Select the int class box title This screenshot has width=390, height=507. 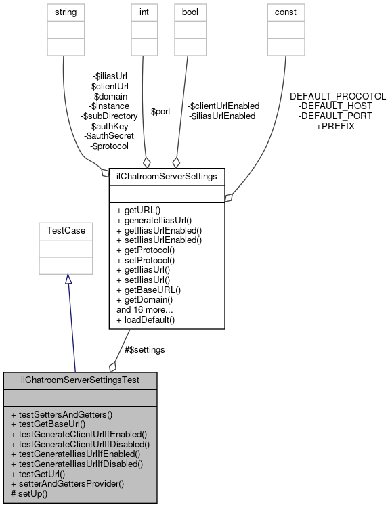[145, 12]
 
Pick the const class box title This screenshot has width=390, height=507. [285, 12]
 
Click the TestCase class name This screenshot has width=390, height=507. [65, 231]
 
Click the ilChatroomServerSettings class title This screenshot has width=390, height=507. [167, 177]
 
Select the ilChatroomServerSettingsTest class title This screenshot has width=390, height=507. [80, 380]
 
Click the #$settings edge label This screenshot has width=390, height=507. [144, 349]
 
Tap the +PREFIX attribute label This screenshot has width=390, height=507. [335, 126]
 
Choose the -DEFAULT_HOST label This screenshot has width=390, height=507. [335, 106]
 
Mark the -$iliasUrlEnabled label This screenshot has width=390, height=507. [222, 116]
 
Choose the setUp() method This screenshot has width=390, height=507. [33, 493]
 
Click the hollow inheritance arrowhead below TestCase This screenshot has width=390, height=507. [66, 280]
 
